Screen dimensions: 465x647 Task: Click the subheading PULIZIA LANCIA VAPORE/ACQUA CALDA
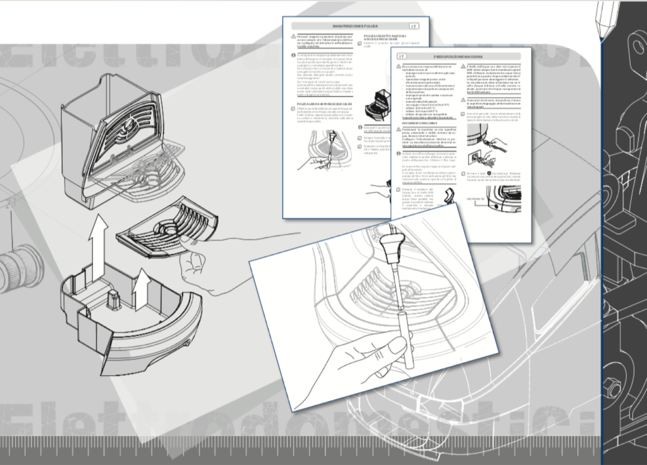[x=321, y=104]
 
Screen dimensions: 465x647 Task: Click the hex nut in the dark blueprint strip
[x=613, y=389]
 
